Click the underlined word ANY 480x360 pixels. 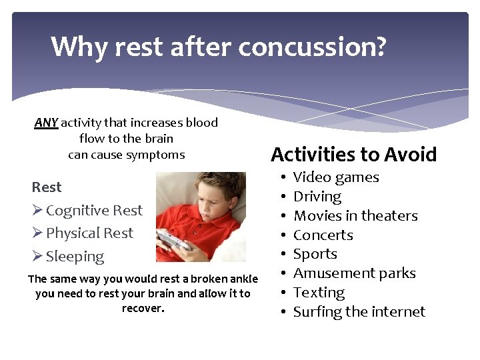(x=46, y=123)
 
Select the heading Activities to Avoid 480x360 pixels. (x=353, y=155)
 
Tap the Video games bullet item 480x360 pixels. (x=336, y=177)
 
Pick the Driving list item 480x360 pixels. (x=317, y=197)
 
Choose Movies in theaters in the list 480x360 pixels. (x=355, y=216)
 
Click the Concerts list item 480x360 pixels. (x=323, y=235)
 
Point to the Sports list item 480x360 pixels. (x=315, y=254)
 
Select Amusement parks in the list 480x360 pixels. (x=354, y=273)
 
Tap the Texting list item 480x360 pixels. (x=319, y=293)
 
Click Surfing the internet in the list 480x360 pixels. (x=359, y=312)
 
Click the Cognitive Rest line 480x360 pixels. (x=94, y=211)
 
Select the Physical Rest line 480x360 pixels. (x=89, y=233)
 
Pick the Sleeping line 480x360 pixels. (x=75, y=257)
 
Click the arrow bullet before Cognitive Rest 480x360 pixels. (x=37, y=211)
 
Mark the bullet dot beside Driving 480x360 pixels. (x=284, y=197)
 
